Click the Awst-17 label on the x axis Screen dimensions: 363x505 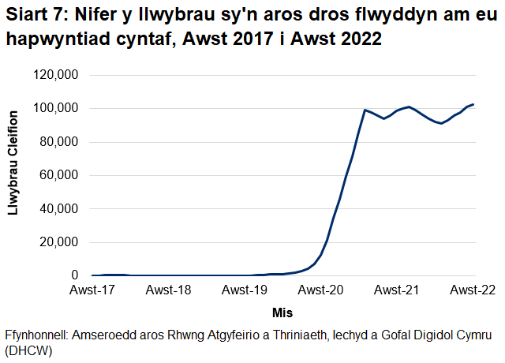click(92, 290)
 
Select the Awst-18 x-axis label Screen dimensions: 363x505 click(169, 290)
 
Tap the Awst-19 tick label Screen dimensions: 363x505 click(245, 290)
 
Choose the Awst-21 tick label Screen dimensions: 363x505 click(397, 290)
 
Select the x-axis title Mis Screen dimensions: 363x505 click(282, 312)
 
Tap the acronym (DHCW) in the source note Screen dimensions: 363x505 click(28, 350)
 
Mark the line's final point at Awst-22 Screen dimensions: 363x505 click(473, 104)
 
